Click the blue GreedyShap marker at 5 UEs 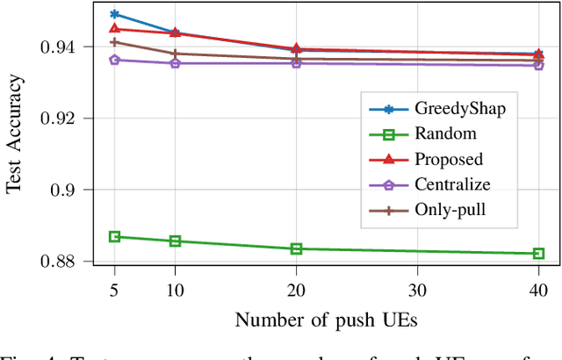tap(114, 15)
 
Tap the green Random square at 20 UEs tap(296, 248)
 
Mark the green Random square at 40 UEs tap(538, 254)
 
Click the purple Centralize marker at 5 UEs tap(114, 60)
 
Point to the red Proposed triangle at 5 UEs tap(114, 29)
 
